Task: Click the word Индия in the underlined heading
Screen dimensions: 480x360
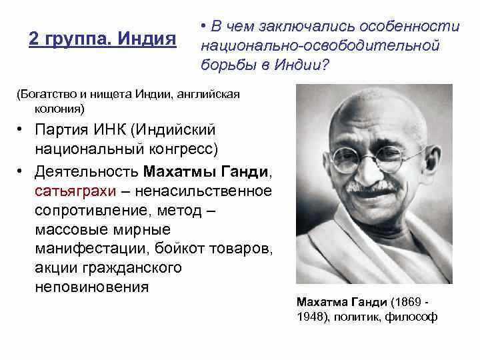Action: (147, 39)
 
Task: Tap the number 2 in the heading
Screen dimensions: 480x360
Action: (33, 39)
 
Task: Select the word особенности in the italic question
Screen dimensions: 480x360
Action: (409, 26)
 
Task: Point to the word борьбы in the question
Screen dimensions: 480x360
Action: (229, 64)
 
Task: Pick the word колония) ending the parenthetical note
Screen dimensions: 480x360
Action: (59, 109)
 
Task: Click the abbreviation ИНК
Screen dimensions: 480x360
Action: (110, 129)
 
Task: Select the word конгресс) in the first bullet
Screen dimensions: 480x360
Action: (184, 149)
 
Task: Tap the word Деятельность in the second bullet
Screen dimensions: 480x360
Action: (87, 172)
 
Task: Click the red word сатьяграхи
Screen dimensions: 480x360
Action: (75, 191)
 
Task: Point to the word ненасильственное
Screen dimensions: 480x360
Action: (203, 191)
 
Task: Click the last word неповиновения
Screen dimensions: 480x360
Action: (92, 287)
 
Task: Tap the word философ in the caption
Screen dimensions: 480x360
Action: (411, 317)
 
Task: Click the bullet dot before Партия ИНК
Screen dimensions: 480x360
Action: (19, 130)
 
